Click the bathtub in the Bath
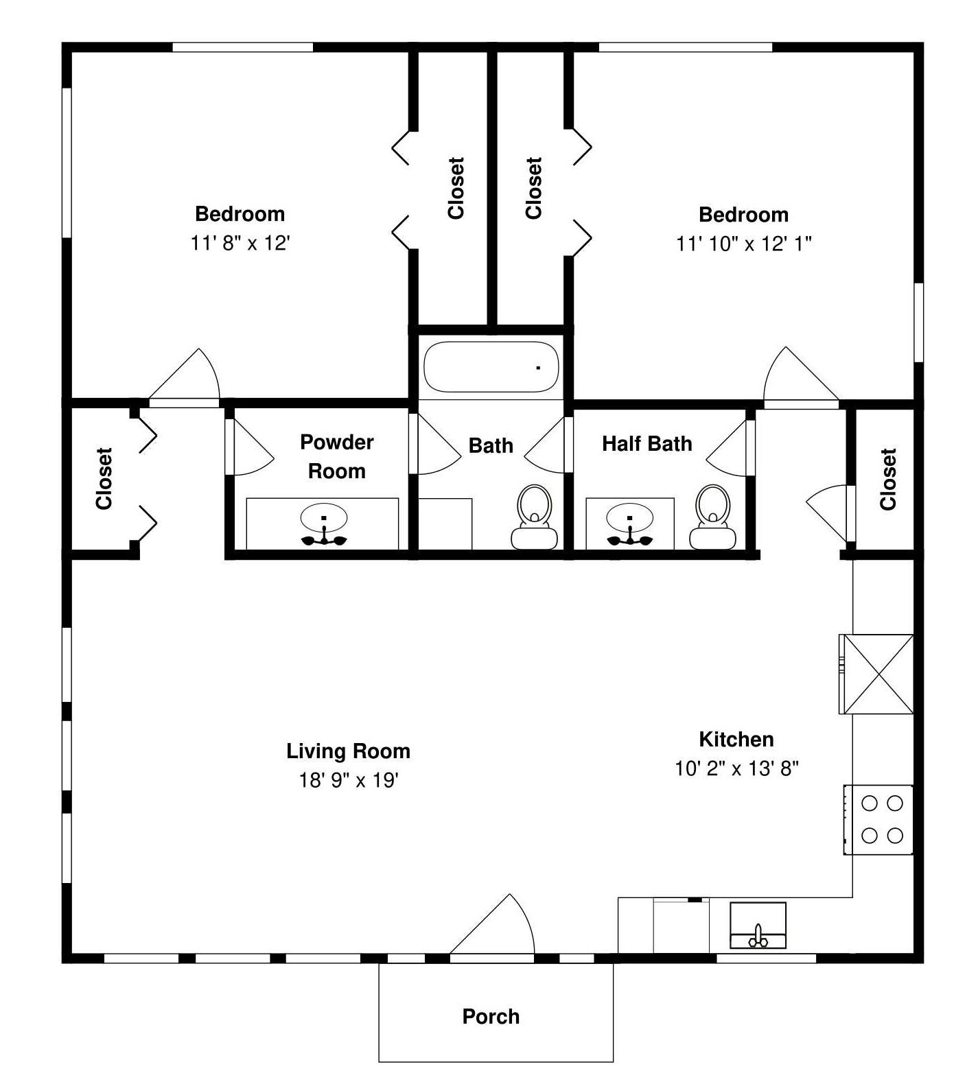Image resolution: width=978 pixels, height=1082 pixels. (x=491, y=367)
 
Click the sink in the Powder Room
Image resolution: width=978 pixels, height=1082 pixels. (x=323, y=525)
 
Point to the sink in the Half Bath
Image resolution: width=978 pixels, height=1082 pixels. (x=629, y=525)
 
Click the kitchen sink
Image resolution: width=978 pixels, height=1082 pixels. (x=757, y=925)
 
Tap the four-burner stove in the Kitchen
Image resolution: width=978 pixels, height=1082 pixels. (x=879, y=819)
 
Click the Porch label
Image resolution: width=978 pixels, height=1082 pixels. (x=491, y=1016)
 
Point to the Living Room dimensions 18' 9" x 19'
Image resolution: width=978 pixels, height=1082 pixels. (x=349, y=780)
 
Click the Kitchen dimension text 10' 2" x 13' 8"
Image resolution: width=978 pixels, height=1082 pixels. (x=736, y=768)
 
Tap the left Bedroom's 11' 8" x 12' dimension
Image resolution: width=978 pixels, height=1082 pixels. (x=240, y=243)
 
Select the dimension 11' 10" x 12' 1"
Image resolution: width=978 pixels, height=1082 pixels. (x=743, y=244)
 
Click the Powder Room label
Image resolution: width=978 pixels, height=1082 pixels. (x=336, y=456)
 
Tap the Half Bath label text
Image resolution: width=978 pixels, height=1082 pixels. (x=647, y=444)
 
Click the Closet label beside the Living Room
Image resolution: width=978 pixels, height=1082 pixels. (x=104, y=478)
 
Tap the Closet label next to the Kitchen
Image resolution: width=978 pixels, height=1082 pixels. (x=888, y=479)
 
